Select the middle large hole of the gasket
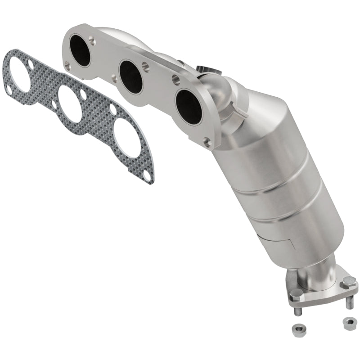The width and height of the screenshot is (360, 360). point(69,102)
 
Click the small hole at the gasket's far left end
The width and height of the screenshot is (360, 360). point(8,90)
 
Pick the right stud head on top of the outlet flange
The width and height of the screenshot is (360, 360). point(348,283)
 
